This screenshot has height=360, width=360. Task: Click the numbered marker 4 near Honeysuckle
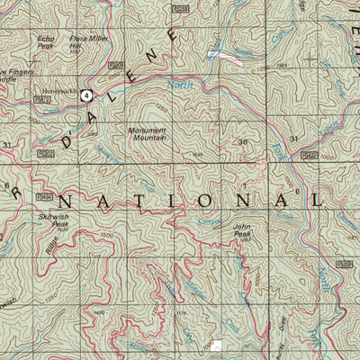click(86, 94)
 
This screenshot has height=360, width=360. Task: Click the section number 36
click(242, 143)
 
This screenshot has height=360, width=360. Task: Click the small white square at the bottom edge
click(220, 346)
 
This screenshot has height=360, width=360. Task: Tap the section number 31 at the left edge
click(8, 144)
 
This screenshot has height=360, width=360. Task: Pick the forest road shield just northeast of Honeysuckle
click(114, 66)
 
